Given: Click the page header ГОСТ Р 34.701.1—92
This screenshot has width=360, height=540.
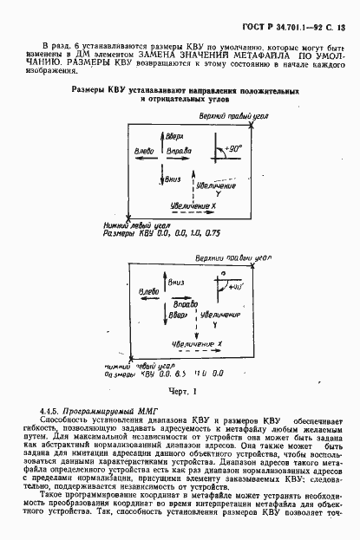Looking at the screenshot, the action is tap(294, 10).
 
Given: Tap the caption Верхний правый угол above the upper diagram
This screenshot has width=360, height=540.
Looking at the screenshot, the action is tap(225, 116).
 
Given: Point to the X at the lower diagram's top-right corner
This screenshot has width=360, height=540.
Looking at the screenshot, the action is tap(255, 266).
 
